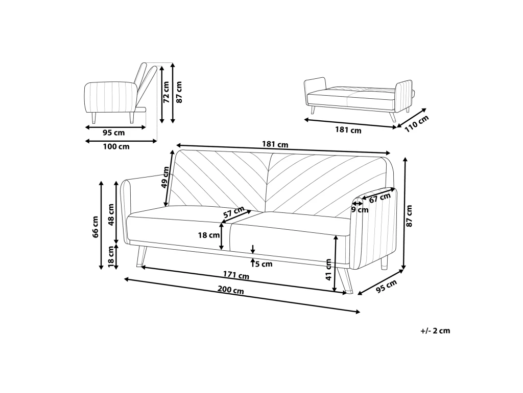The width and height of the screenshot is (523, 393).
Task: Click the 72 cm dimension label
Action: click(x=166, y=92)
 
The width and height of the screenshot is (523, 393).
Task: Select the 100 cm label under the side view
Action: click(x=116, y=146)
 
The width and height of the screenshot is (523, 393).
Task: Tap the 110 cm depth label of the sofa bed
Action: click(x=416, y=123)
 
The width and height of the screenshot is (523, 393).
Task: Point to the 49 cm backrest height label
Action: click(x=165, y=178)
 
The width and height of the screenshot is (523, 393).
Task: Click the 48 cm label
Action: click(x=111, y=214)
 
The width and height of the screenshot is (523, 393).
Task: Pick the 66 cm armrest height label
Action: click(x=96, y=227)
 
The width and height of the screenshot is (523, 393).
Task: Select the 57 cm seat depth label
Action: click(x=234, y=212)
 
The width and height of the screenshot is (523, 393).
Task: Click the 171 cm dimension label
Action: click(x=236, y=275)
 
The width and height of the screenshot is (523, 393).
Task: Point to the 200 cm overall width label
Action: click(x=231, y=290)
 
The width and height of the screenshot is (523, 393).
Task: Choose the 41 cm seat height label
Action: click(x=328, y=269)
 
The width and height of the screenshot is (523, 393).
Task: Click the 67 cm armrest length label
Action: click(x=379, y=198)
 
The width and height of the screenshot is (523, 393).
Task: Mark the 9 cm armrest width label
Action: click(x=360, y=210)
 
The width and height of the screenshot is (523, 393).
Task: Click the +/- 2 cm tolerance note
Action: click(x=435, y=331)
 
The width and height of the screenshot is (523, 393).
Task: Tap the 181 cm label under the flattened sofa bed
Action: click(x=348, y=130)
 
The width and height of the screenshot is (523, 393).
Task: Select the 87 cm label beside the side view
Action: click(x=179, y=92)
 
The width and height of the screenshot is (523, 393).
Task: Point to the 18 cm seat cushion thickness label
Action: click(x=209, y=235)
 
